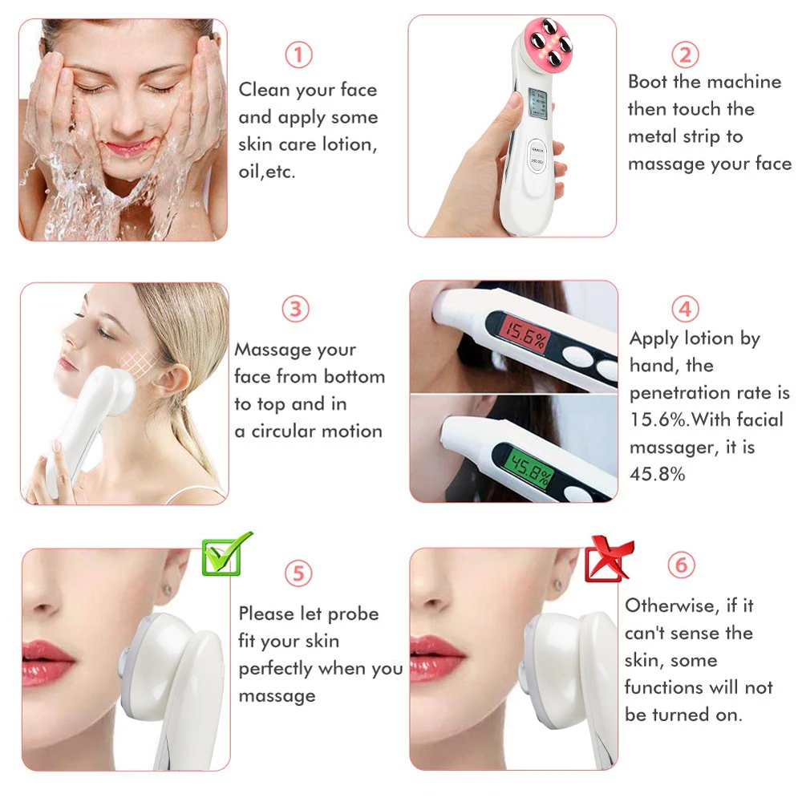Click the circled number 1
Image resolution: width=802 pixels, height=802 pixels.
point(298,55)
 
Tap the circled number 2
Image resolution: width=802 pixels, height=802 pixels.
point(685,55)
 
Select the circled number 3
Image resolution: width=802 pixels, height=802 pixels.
point(296,310)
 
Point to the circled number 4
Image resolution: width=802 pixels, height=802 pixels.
point(684,309)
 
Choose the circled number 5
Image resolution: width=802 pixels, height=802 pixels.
point(298,573)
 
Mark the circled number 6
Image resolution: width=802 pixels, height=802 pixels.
point(681,565)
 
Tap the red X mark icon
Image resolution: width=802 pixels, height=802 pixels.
point(610,558)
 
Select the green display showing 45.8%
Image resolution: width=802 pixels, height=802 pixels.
point(520,477)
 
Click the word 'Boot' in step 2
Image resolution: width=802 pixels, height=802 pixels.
point(647,82)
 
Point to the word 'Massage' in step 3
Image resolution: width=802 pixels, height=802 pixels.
point(273,350)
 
